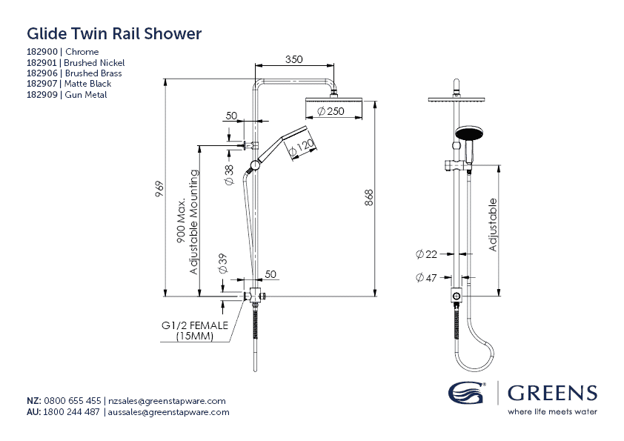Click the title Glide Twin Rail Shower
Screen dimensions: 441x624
(x=114, y=34)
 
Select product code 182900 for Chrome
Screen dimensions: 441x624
(x=44, y=52)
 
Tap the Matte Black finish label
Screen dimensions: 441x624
(x=88, y=84)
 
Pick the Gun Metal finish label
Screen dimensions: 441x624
(x=86, y=95)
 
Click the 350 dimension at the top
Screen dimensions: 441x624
(x=293, y=60)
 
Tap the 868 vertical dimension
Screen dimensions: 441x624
(x=369, y=198)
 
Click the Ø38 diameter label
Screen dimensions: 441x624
(x=229, y=170)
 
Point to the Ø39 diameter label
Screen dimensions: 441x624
(x=222, y=264)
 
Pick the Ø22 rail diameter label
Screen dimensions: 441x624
(x=426, y=254)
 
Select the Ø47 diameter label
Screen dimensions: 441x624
(x=426, y=278)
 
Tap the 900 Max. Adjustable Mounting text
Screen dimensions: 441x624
(x=187, y=222)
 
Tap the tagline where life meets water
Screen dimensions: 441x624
(x=552, y=411)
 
